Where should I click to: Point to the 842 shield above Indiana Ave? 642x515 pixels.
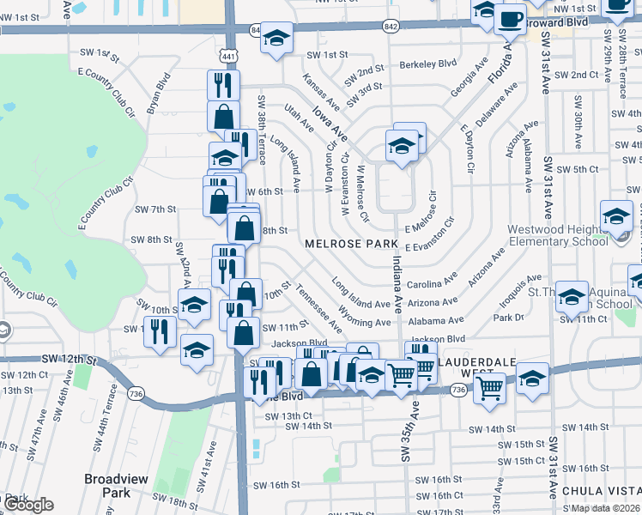coord(391,27)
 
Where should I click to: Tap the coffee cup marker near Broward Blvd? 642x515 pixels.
coord(510,18)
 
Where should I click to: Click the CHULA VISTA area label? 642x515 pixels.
coord(601,491)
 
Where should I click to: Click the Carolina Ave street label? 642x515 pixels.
coord(431,284)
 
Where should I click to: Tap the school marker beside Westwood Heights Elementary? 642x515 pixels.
coord(616,217)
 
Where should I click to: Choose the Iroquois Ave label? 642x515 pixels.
coord(522,281)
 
